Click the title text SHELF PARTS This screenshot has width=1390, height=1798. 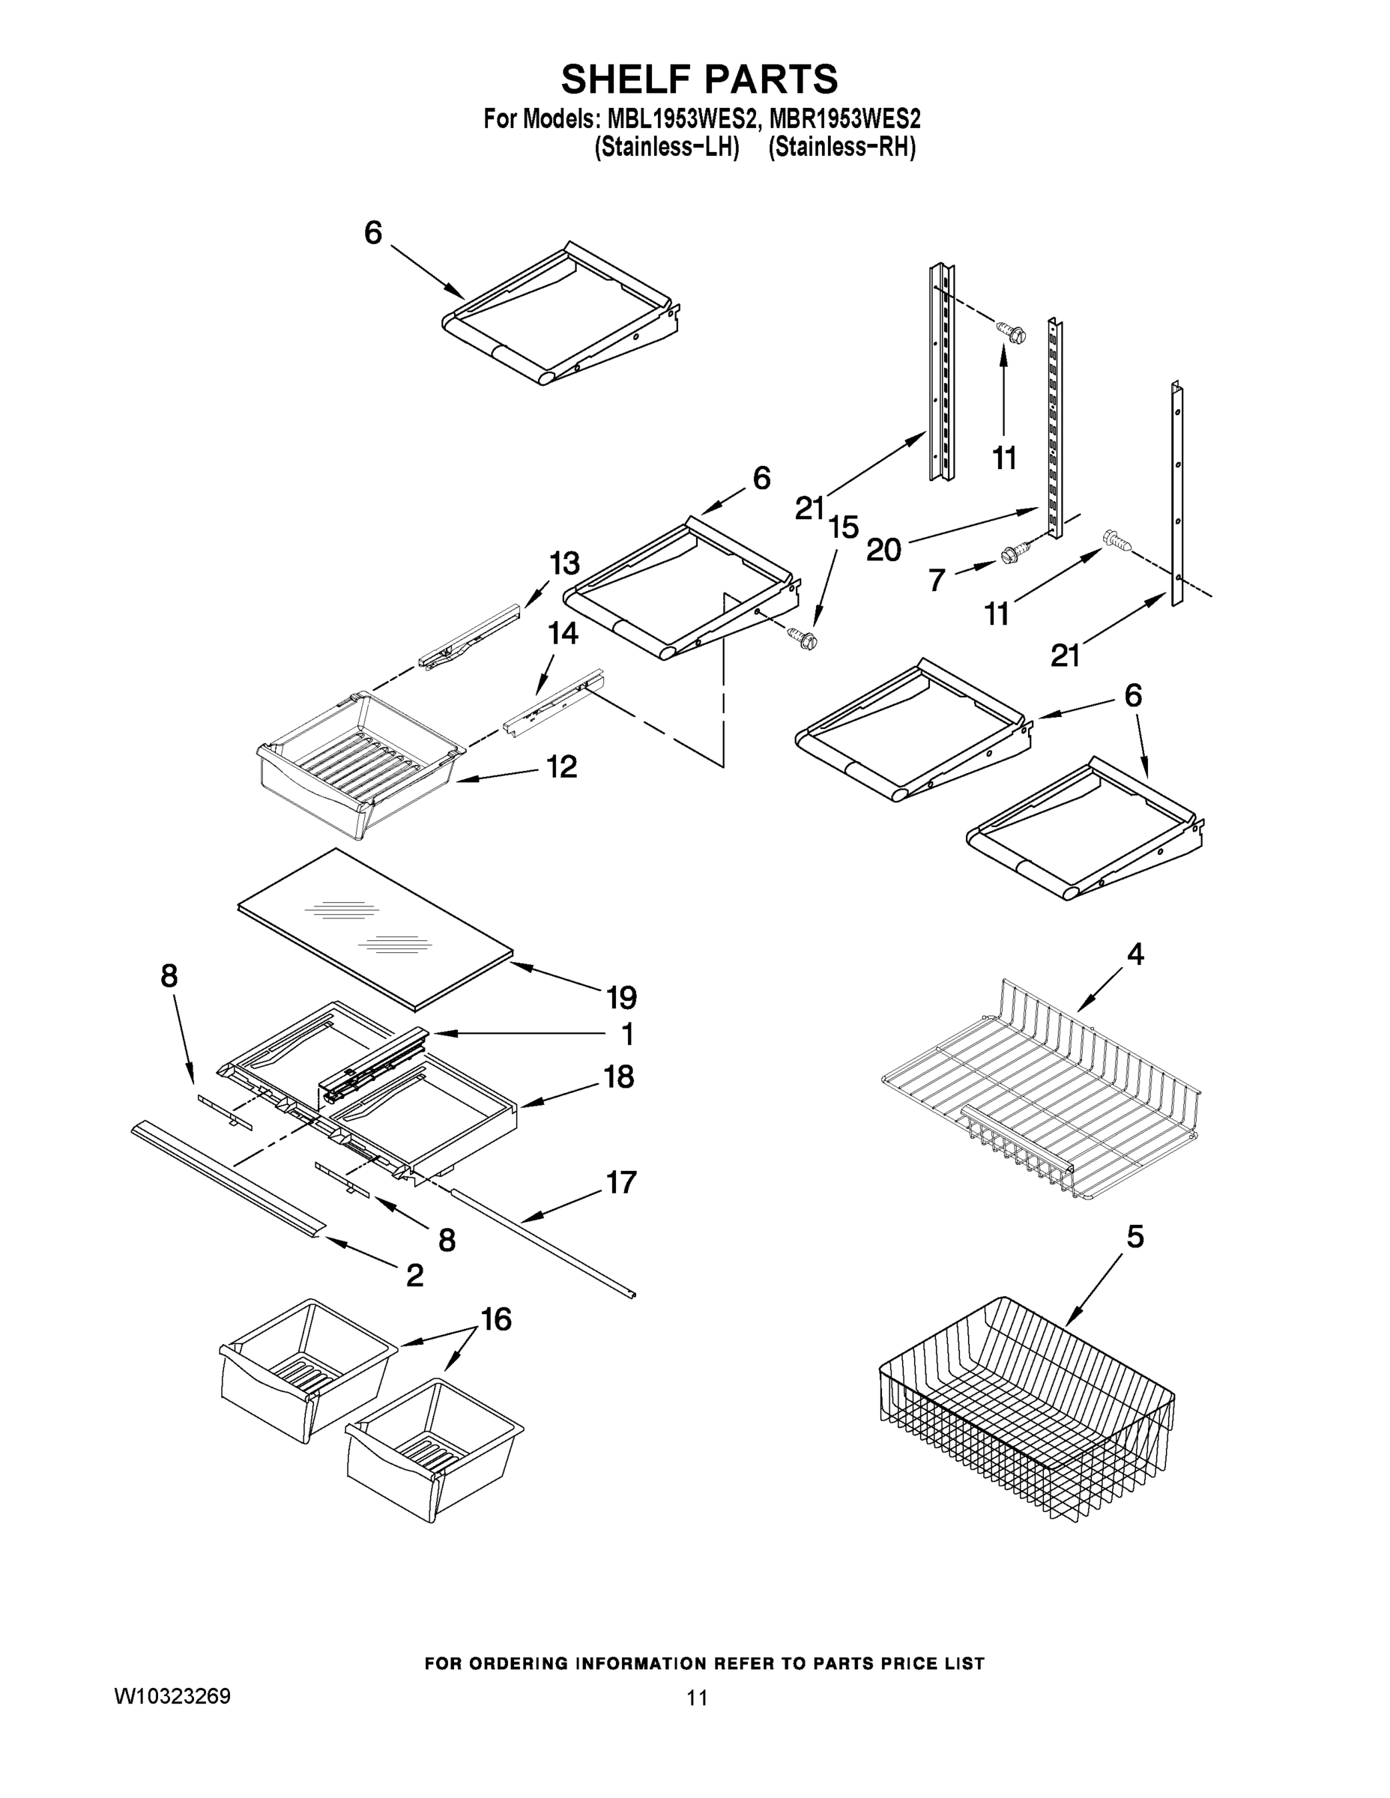tap(699, 80)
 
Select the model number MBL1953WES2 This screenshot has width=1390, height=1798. tap(681, 119)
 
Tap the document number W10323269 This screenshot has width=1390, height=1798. tap(172, 1697)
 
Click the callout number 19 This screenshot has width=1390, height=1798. tap(622, 998)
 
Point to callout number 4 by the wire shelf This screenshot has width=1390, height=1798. tap(1135, 954)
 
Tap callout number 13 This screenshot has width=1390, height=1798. tap(564, 564)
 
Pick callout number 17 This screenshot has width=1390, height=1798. tap(621, 1182)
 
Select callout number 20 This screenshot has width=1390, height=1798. tap(883, 549)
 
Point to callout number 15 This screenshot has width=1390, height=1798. tap(843, 527)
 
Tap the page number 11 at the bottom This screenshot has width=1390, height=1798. tap(697, 1698)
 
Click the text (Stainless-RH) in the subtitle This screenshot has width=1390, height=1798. tap(841, 148)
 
